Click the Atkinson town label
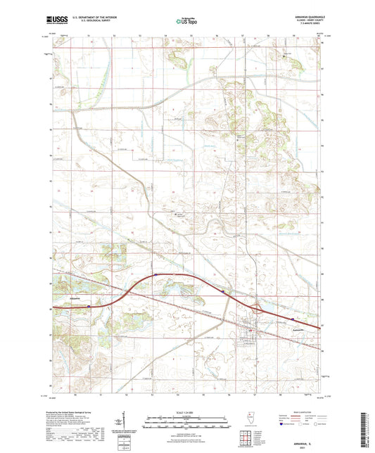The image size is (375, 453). tap(80, 298)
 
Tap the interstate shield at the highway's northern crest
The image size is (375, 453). tap(155, 275)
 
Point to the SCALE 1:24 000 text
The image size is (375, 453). tap(186, 412)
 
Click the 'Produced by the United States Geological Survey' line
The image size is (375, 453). tap(71, 412)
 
